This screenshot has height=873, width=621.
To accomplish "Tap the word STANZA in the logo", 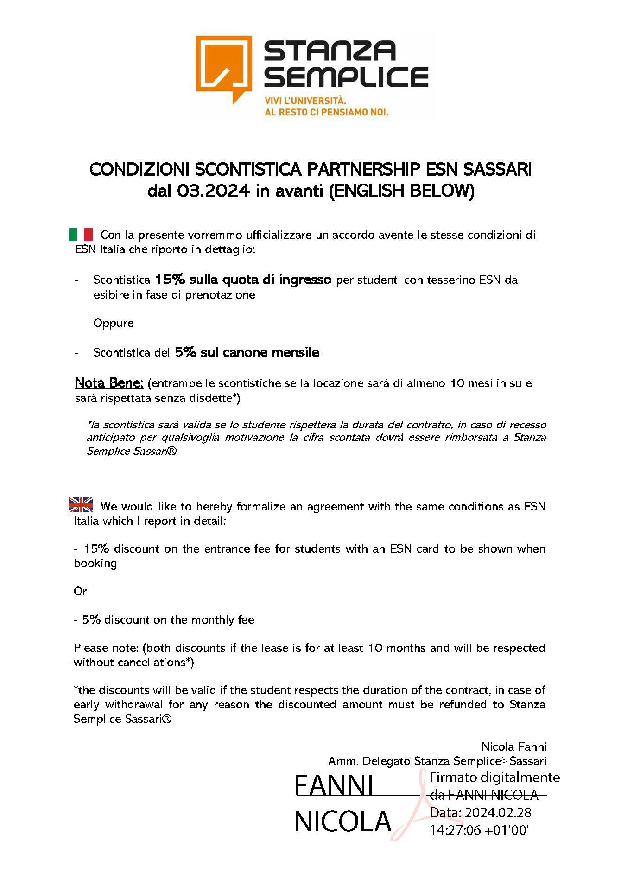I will point(330,51).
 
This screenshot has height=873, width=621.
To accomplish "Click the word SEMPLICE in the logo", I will point(346,77).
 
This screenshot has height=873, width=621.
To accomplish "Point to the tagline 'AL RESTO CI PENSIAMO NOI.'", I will point(326,112).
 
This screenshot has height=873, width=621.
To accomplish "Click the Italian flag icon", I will point(81,235).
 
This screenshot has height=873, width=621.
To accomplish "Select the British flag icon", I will point(81,505).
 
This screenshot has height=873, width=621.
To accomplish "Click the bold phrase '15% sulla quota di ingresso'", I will point(243,280).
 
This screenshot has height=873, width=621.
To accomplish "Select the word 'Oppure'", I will point(114,323).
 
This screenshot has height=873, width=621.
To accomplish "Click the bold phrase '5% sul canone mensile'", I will point(247,352).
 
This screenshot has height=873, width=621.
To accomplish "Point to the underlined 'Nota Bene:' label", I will point(109,383).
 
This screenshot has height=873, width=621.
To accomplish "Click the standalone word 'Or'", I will point(80,592).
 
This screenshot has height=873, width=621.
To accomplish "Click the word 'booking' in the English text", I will point(95,563).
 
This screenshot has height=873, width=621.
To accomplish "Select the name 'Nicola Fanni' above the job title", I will point(514,747).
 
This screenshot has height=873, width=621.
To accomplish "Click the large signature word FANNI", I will point(334,786).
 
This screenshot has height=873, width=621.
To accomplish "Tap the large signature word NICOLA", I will point(343,822).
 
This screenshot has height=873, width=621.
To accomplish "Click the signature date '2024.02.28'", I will point(498,812).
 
